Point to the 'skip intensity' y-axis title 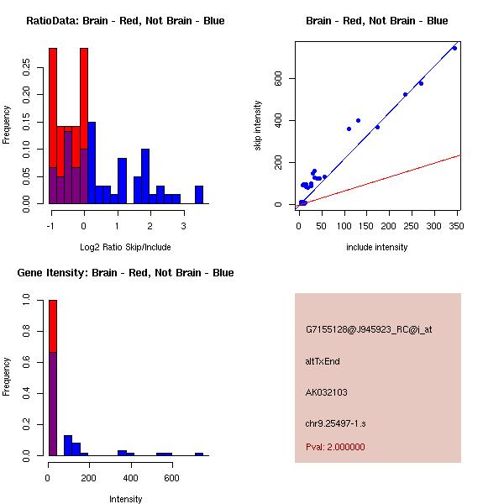coord(258,126)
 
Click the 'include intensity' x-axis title coord(377,248)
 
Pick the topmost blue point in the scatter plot coord(454,49)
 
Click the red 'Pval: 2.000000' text coord(335,447)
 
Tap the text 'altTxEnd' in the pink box coord(323,361)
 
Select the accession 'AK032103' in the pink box coord(327,392)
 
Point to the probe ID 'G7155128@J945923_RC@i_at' coord(369,330)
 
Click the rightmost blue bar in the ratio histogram coord(199,195)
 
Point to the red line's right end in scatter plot coord(460,155)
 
